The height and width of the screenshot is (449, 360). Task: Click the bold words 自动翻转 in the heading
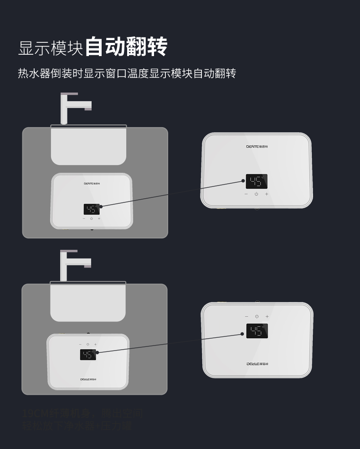click(126, 47)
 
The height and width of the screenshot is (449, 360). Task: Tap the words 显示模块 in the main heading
click(51, 48)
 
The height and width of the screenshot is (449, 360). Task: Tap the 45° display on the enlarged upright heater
click(256, 181)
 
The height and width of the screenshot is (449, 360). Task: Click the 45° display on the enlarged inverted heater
click(257, 331)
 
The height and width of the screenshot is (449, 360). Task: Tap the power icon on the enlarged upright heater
click(256, 194)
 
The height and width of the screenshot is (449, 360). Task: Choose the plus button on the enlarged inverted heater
click(267, 316)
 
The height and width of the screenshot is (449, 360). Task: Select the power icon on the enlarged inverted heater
click(257, 316)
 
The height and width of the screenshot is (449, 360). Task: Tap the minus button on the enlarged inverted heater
click(247, 316)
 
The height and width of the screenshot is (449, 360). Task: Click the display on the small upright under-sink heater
click(92, 209)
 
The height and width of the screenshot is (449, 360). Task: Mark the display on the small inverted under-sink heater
click(88, 355)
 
